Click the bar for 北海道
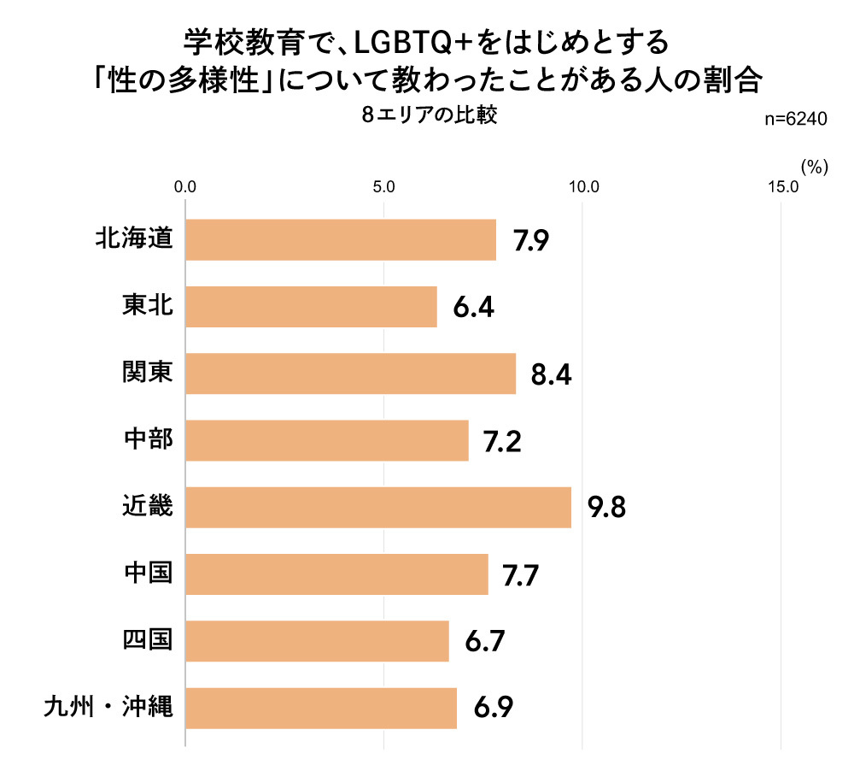341,239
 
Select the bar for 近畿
378,507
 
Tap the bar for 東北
311,306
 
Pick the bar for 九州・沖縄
321,708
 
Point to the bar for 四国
317,641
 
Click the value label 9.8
607,508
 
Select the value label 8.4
551,374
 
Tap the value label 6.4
473,307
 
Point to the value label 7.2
502,441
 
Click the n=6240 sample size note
795,121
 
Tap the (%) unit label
815,168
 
